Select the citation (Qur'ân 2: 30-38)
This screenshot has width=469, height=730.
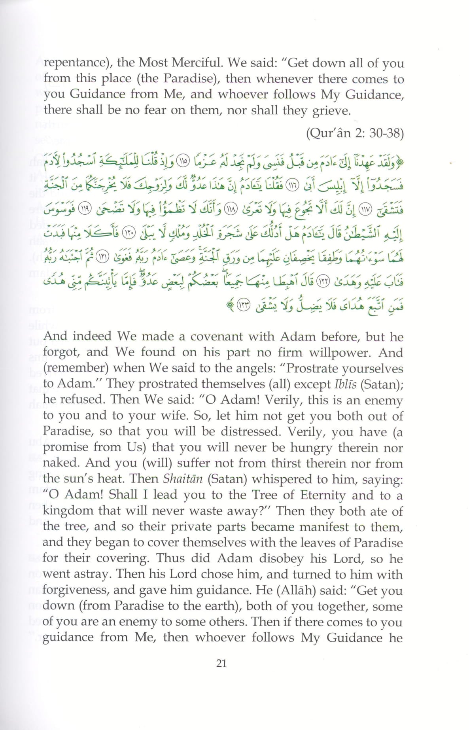point(355,133)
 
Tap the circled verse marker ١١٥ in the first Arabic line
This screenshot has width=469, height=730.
point(183,162)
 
